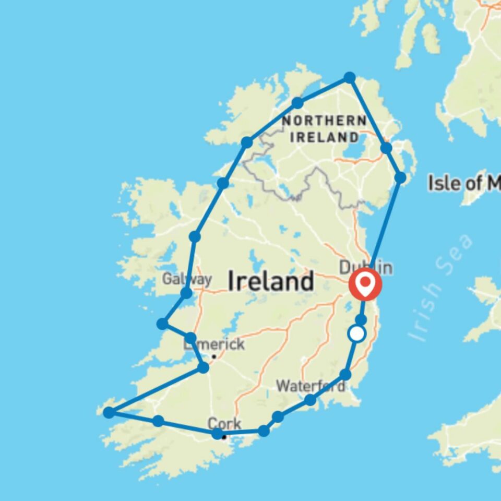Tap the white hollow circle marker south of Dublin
click(x=357, y=333)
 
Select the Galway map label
click(x=186, y=280)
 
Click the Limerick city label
click(x=214, y=345)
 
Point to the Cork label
click(x=224, y=423)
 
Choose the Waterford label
click(x=310, y=387)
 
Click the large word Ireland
click(x=271, y=282)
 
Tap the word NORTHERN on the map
click(x=324, y=121)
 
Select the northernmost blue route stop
click(x=350, y=78)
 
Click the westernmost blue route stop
click(x=109, y=413)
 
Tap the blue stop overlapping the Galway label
click(x=186, y=293)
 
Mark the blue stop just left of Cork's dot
click(x=217, y=433)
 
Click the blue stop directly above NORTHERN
click(x=297, y=102)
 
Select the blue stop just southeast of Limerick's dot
click(x=204, y=368)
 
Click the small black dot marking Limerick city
click(x=213, y=357)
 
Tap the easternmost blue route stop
click(x=400, y=177)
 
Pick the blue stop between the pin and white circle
click(x=361, y=319)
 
